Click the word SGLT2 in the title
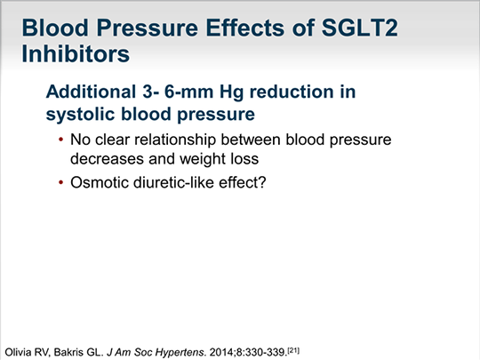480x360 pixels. (x=360, y=28)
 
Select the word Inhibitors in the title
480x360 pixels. (x=76, y=53)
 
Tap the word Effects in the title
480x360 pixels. (x=245, y=28)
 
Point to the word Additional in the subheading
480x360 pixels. (x=92, y=92)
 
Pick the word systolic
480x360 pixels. (x=80, y=115)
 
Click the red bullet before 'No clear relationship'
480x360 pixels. (x=60, y=140)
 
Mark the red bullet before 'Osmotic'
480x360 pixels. (x=60, y=183)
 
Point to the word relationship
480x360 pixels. (x=175, y=140)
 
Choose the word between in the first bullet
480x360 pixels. (x=251, y=140)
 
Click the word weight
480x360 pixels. (x=200, y=159)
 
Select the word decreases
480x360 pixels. (x=107, y=159)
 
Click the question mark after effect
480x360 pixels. (x=262, y=182)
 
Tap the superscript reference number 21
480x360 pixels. (x=293, y=350)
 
